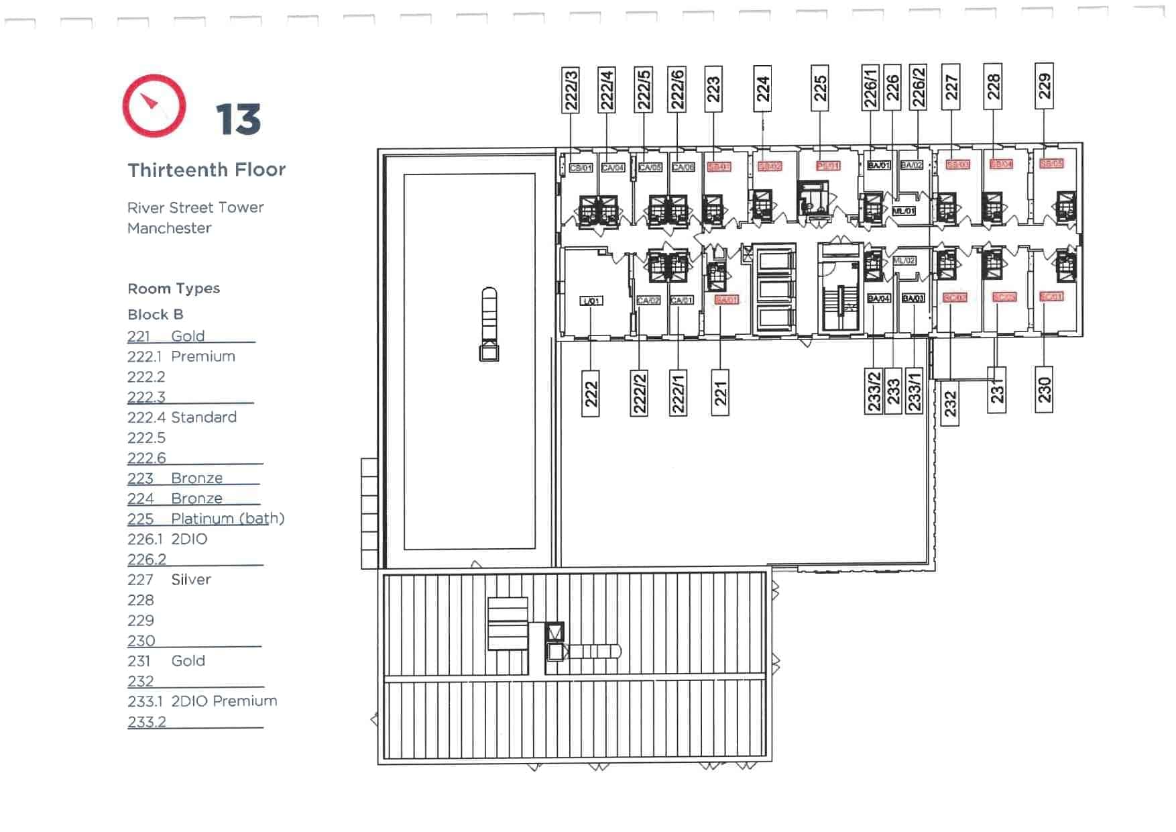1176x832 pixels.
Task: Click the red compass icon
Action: pyautogui.click(x=154, y=106)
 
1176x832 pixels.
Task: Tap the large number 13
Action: pyautogui.click(x=238, y=120)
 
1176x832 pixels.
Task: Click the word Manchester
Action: pyautogui.click(x=169, y=228)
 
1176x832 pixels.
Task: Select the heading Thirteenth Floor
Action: pyautogui.click(x=207, y=170)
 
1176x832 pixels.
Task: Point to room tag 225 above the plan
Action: pyautogui.click(x=819, y=88)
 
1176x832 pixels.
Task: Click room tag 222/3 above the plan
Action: pyautogui.click(x=571, y=89)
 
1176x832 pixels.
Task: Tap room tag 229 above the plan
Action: pyautogui.click(x=1044, y=86)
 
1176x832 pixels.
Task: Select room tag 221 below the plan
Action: pyautogui.click(x=720, y=393)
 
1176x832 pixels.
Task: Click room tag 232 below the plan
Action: pyautogui.click(x=950, y=403)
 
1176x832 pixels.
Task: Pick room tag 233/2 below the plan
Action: pyautogui.click(x=874, y=391)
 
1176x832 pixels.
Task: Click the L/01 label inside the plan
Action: pyautogui.click(x=591, y=301)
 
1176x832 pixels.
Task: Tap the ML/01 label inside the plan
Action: pyautogui.click(x=903, y=211)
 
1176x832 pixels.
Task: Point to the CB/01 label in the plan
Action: pyautogui.click(x=581, y=168)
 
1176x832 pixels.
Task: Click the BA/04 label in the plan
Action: pyautogui.click(x=878, y=298)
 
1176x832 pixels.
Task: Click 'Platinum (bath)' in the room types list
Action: pyautogui.click(x=227, y=519)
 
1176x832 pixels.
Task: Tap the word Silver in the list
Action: pyautogui.click(x=190, y=580)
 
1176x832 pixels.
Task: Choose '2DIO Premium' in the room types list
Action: pyautogui.click(x=224, y=701)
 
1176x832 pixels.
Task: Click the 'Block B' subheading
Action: pyautogui.click(x=155, y=315)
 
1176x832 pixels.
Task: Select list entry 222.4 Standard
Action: pyautogui.click(x=182, y=417)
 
